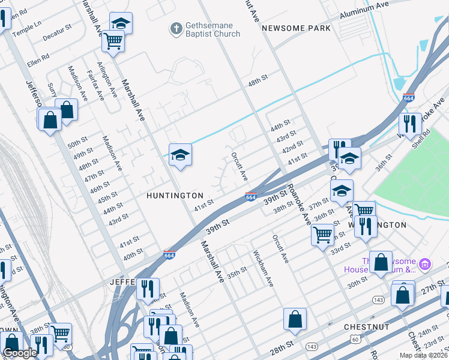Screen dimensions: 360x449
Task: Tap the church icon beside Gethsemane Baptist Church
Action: [176, 28]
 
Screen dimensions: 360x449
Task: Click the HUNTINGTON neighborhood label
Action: [174, 196]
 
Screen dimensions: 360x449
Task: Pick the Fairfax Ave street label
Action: [95, 85]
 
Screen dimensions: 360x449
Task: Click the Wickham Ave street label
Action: [263, 268]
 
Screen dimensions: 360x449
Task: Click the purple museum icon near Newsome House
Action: [425, 264]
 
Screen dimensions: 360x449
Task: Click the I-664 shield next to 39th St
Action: [251, 197]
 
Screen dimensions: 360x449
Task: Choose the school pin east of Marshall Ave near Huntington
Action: [180, 155]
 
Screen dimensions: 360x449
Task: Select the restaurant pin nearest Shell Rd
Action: [410, 124]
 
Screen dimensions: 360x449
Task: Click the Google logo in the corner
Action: [20, 353]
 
